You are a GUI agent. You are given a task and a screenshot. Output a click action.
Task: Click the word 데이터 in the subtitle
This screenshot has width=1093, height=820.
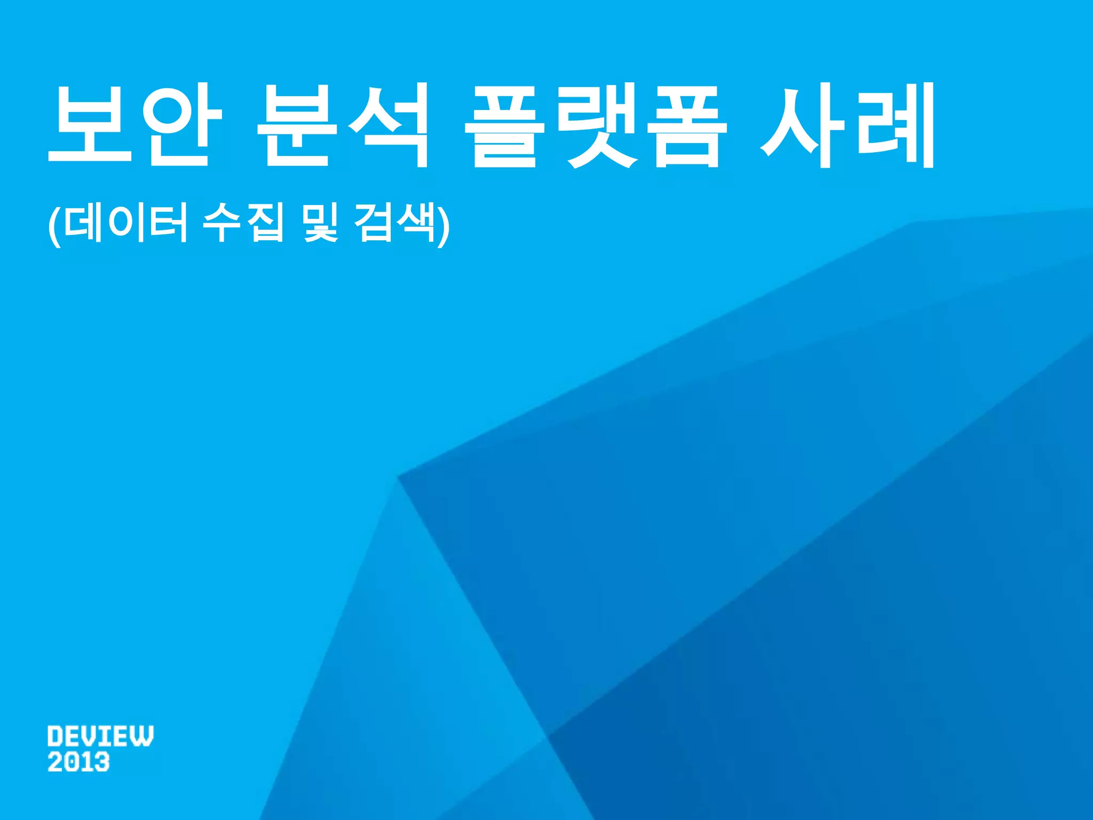pos(125,223)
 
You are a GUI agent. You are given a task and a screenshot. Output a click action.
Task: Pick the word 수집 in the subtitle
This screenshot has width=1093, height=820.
pos(243,223)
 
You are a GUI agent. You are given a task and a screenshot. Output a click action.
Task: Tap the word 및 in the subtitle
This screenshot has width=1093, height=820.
pos(320,223)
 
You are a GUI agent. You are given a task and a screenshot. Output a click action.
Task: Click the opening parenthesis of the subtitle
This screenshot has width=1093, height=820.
pos(54,224)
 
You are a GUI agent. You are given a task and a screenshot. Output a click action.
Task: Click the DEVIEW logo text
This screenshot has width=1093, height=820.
pos(100,736)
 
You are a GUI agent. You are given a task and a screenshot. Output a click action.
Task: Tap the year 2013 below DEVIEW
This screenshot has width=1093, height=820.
pos(78,762)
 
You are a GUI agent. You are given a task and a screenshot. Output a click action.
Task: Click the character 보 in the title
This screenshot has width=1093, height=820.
pos(90,125)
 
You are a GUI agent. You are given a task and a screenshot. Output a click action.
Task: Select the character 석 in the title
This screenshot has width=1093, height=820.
pos(389,125)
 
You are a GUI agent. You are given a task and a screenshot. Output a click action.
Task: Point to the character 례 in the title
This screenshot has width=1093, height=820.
pos(897,125)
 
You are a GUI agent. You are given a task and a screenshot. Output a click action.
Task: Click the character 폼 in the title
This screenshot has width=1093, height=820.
pos(687,125)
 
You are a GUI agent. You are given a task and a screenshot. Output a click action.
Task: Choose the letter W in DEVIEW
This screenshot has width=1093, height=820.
pos(142,736)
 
